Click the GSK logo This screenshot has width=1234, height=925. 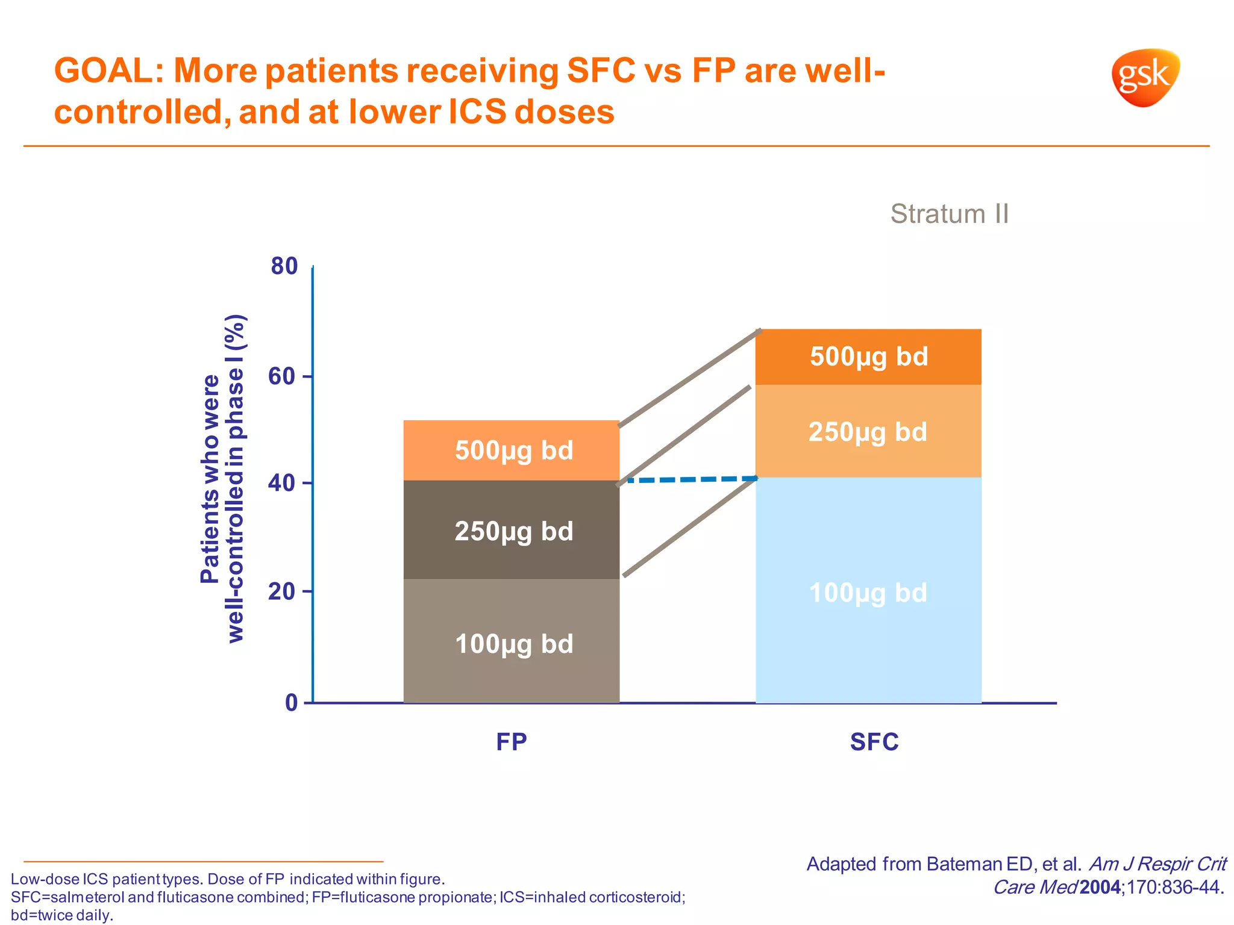1144,78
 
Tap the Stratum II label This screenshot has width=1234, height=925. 949,214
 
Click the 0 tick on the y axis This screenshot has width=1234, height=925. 292,702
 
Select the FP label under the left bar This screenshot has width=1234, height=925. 512,742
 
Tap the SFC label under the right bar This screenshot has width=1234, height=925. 874,742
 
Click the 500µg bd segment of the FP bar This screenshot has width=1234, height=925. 512,450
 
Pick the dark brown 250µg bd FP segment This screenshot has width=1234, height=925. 512,531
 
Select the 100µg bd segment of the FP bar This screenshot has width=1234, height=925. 512,643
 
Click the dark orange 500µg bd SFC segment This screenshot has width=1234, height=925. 868,357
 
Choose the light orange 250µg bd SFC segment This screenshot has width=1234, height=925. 868,432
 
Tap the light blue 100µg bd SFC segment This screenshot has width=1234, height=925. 868,593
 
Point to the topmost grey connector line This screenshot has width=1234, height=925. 690,378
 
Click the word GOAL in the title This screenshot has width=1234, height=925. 105,70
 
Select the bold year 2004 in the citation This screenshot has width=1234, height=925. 1100,887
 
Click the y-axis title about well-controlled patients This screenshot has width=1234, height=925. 222,479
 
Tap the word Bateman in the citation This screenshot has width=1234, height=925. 964,864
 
